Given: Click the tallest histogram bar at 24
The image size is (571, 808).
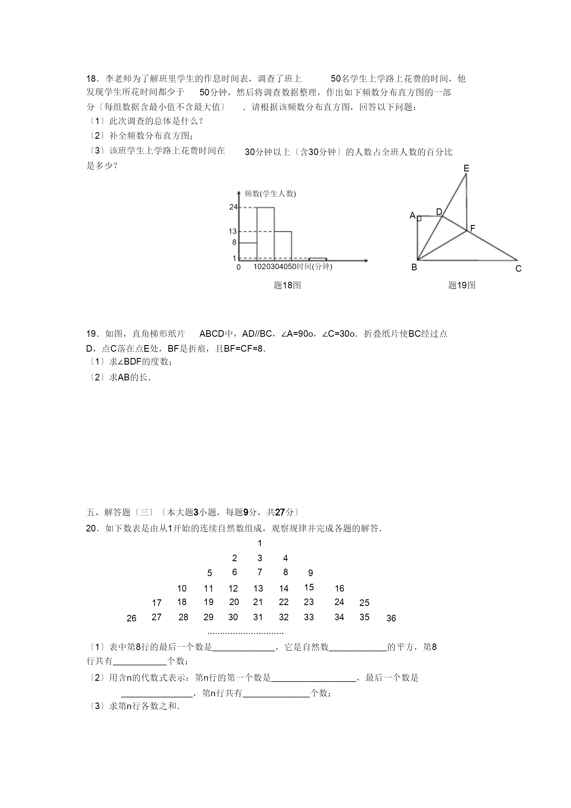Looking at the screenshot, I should click(265, 234).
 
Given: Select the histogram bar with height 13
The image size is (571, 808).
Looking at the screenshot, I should click(283, 246).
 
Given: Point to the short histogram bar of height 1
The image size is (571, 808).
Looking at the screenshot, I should click(317, 259).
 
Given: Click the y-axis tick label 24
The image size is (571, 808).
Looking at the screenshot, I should click(233, 207).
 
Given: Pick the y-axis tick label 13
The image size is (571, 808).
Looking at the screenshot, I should click(233, 232).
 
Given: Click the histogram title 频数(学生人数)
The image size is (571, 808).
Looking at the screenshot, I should click(270, 193).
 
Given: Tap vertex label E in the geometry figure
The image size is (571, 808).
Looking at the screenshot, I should click(466, 169).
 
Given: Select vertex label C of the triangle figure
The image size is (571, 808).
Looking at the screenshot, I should click(518, 269).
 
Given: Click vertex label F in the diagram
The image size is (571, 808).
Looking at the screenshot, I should click(472, 228).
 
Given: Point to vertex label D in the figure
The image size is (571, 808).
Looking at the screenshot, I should click(439, 212).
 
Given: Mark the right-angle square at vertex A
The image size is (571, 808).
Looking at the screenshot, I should click(419, 218).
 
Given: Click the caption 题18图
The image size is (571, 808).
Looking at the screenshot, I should click(287, 285).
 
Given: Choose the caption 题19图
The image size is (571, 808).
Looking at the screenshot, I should click(462, 285).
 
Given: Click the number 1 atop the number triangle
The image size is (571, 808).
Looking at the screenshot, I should click(260, 543).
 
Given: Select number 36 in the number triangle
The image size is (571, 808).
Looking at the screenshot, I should click(391, 618).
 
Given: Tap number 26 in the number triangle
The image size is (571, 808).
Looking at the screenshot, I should click(131, 618).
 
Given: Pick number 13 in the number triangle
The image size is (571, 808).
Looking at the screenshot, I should click(258, 588).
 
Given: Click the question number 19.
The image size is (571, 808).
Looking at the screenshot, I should click(91, 334).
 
